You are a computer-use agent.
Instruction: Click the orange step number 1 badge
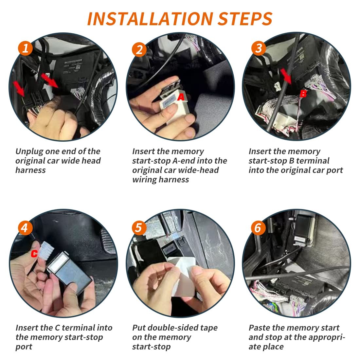25,48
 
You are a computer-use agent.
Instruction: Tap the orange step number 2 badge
139,50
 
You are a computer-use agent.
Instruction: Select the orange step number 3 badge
259,48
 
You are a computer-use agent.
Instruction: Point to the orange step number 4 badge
25,228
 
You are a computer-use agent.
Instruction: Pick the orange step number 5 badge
139,228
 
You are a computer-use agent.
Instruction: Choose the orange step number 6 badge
258,228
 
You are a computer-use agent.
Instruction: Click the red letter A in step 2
181,97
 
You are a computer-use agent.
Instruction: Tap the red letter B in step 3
303,94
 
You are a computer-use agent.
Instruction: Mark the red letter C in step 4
34,253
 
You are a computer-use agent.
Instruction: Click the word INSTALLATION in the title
151,19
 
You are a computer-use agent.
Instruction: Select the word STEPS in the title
245,19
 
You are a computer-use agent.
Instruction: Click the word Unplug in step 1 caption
29,152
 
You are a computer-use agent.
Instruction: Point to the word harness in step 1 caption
30,171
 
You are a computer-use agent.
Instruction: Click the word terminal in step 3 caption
313,161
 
